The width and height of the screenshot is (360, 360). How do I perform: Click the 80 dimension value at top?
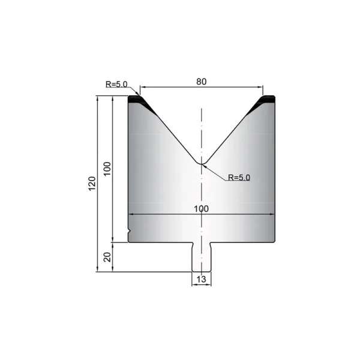tap(202, 82)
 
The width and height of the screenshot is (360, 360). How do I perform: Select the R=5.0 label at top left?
tap(116, 84)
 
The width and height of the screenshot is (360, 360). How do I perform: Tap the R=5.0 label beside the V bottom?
tap(239, 177)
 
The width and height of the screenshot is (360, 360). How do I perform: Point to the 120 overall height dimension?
tap(92, 184)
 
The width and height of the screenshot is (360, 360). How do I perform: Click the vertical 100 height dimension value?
tap(107, 169)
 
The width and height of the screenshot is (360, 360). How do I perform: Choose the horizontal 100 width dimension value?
tap(202, 209)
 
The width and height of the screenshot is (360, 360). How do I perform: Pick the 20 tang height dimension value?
tap(107, 257)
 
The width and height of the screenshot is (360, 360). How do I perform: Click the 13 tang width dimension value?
tap(201, 279)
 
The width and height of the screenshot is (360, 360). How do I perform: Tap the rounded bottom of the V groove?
tap(202, 163)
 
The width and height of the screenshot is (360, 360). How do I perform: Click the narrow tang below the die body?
tap(202, 257)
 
